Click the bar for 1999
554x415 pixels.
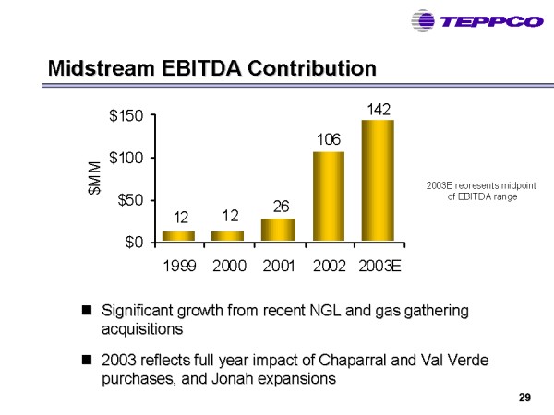(178, 236)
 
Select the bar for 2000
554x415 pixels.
(228, 236)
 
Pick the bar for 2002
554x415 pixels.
(328, 196)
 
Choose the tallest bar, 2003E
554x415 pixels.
(378, 181)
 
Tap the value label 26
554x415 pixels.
(280, 206)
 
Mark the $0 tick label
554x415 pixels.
(135, 243)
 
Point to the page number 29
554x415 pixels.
(524, 397)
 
